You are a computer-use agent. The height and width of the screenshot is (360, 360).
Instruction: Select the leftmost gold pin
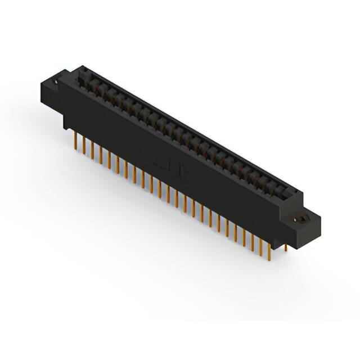(x=76, y=140)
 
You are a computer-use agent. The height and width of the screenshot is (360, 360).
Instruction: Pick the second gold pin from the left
(x=84, y=145)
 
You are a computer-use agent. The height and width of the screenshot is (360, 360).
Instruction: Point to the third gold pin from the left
(x=92, y=149)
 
